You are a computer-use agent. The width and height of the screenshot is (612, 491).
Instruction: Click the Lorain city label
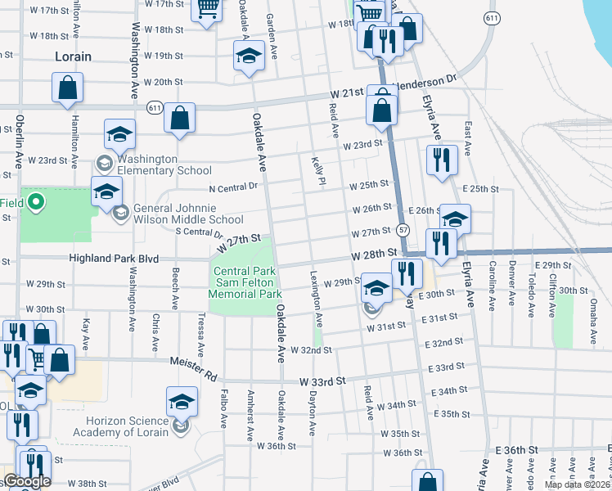coord(73,57)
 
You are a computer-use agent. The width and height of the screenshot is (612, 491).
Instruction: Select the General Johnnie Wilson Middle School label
coord(188,213)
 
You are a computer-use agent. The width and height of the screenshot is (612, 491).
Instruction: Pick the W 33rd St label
coord(323,381)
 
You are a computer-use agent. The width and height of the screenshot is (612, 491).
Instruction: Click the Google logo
coord(26,482)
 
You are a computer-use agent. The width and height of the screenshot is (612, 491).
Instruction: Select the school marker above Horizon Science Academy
coord(182,402)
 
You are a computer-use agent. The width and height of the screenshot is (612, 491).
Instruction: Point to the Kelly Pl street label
coord(317,172)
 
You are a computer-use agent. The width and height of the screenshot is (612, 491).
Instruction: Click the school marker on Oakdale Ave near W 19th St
coord(249,57)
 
